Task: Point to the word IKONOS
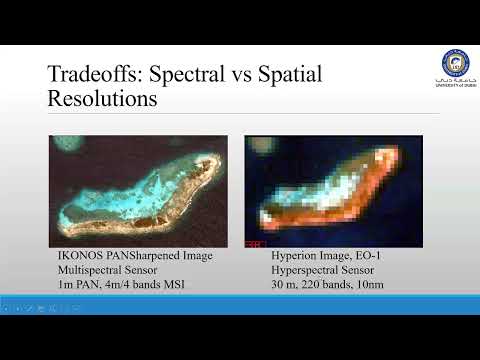tap(79, 257)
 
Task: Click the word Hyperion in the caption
tap(294, 257)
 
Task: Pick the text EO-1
tap(363, 257)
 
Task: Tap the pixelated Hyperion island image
tap(334, 191)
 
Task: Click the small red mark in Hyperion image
tap(256, 243)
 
